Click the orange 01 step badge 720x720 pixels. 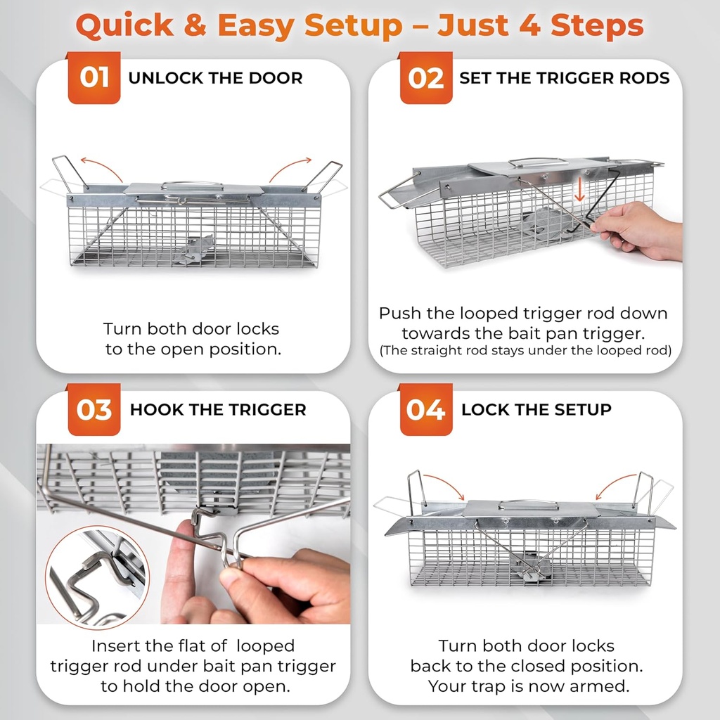(94, 77)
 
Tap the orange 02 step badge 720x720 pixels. (425, 77)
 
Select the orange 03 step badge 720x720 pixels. (94, 409)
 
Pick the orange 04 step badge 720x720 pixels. (425, 409)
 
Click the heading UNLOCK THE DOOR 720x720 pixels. (215, 78)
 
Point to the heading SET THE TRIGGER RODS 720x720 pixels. (564, 78)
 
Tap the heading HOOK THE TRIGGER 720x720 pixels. (218, 410)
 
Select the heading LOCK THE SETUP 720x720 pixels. (536, 410)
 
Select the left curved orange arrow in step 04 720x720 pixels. (444, 486)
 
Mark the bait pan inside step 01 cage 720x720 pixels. (195, 250)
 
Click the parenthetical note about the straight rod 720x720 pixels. (525, 350)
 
